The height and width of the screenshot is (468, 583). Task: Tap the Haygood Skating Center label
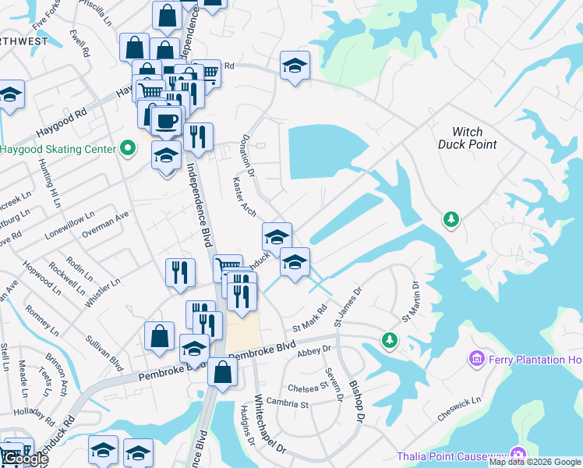57,148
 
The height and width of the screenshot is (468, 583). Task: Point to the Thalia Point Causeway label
450,456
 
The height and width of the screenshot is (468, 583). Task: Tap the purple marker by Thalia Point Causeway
518,456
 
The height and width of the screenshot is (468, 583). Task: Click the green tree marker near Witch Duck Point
450,220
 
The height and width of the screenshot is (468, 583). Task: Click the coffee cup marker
167,122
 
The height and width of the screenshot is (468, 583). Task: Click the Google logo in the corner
24,459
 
